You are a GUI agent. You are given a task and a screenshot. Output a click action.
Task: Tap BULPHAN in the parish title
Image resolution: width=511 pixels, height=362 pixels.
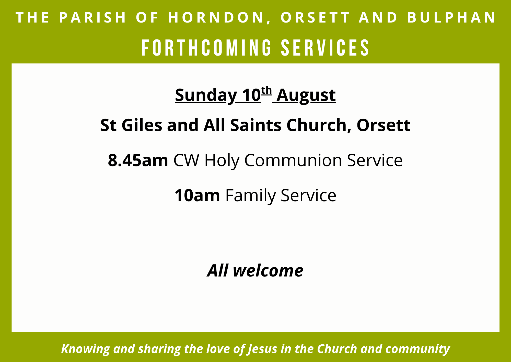click(451, 17)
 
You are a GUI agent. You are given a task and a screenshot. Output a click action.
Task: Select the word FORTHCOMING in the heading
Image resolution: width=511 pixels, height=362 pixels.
click(206, 48)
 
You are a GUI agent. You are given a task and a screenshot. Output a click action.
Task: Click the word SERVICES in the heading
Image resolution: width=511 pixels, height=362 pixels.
click(325, 48)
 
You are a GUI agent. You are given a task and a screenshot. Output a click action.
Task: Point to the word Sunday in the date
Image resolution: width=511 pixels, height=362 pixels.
click(206, 95)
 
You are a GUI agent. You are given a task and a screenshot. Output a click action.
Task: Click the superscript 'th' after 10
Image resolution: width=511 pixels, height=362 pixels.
click(266, 91)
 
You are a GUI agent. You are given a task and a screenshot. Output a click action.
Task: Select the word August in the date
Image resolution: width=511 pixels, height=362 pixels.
click(306, 95)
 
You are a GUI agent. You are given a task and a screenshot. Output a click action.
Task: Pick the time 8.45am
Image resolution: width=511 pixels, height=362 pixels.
click(138, 160)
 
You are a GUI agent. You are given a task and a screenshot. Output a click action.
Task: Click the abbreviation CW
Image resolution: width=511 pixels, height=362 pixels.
click(186, 160)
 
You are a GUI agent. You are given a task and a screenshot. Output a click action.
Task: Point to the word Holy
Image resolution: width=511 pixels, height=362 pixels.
click(222, 161)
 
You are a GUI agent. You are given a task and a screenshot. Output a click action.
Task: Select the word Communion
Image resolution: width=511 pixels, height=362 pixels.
click(293, 160)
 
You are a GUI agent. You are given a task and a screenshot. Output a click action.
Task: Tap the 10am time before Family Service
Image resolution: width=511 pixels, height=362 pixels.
click(197, 196)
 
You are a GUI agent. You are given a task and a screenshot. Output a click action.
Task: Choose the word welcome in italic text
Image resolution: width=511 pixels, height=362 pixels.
click(268, 271)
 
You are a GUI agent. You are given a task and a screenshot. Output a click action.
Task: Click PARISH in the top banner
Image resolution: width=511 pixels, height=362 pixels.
click(93, 17)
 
